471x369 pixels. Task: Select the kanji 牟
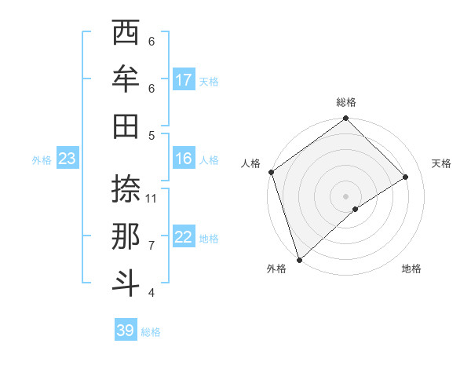[126, 79]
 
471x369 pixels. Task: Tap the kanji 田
[126, 126]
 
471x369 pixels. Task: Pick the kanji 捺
[126, 189]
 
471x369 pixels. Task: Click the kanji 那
[126, 236]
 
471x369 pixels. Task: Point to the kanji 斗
[126, 283]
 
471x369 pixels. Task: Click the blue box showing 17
[184, 80]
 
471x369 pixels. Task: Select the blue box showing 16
[184, 159]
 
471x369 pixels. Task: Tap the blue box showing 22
[184, 237]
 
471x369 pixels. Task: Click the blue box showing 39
[125, 331]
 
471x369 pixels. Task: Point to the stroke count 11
[152, 199]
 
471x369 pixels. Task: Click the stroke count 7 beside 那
[152, 246]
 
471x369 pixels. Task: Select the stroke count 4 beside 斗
[152, 293]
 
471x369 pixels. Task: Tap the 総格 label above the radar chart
[345, 102]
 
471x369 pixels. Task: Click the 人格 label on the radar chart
[251, 163]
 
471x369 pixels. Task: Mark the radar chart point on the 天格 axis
[406, 177]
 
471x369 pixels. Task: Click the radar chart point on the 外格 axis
[299, 259]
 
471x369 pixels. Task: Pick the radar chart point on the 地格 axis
[356, 209]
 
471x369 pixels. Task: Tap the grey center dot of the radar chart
[345, 195]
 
